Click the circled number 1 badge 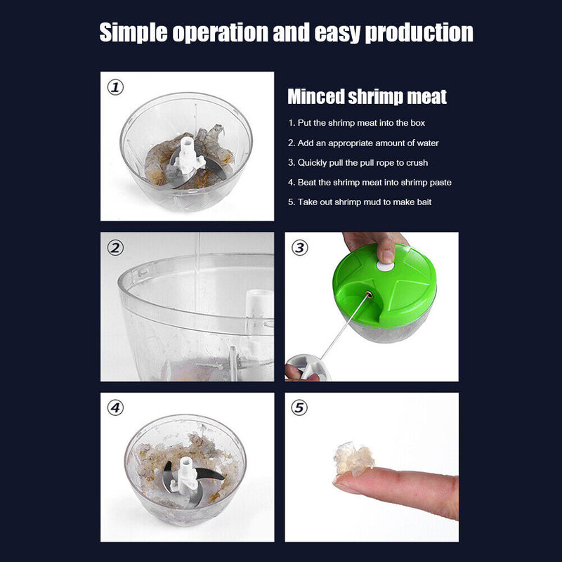coord(115,88)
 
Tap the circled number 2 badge coord(115,248)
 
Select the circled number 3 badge coord(300,248)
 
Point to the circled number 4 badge coord(115,407)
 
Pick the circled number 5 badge coord(300,407)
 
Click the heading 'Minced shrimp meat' coord(367,96)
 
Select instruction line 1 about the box coord(356,123)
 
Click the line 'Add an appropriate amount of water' coord(362,143)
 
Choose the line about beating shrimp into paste coord(370,182)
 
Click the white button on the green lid coord(385,266)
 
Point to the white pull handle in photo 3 coord(307,366)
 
